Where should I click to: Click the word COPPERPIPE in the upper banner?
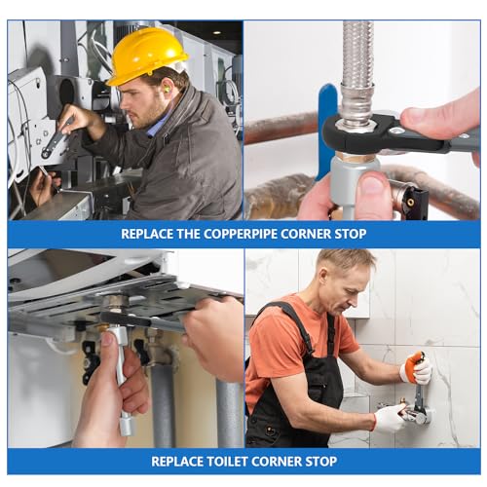point(242,234)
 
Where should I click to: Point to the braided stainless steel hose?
point(357,71)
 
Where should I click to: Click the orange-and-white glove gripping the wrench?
point(417,369)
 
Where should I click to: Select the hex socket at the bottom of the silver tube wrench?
point(127,426)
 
